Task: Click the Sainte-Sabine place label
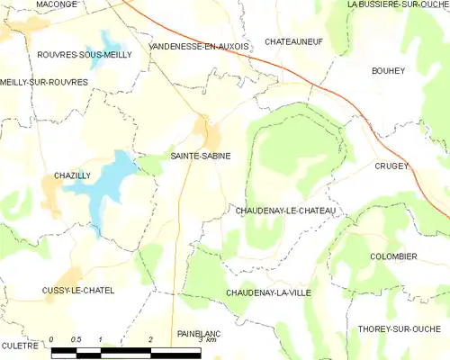click(201, 156)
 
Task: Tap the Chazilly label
click(72, 175)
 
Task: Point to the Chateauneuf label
click(294, 41)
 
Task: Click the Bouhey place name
click(391, 69)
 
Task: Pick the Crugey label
click(393, 166)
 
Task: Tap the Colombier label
click(393, 256)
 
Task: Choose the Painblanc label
click(200, 333)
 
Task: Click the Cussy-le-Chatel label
click(78, 291)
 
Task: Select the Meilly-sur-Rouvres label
click(44, 82)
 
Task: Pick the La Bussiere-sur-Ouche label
click(398, 4)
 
